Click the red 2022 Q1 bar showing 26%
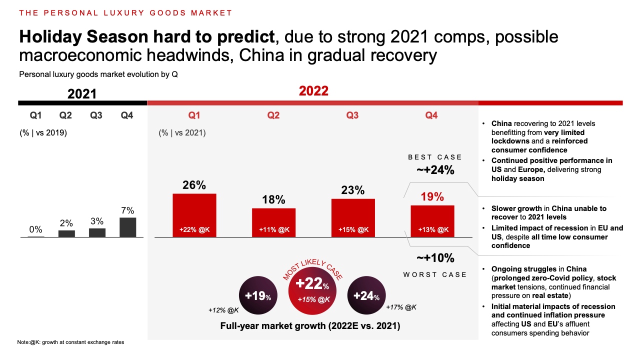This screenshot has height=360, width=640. click(194, 214)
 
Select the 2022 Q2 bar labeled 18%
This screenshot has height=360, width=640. click(273, 222)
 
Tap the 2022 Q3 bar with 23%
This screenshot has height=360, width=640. click(353, 217)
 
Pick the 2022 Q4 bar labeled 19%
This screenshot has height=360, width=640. click(432, 220)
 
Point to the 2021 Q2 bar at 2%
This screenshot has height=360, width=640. click(66, 233)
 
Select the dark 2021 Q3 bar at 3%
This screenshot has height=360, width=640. click(97, 232)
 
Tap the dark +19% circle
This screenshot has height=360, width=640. click(258, 296)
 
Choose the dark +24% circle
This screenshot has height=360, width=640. click(366, 296)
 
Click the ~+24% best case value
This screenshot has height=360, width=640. click(435, 170)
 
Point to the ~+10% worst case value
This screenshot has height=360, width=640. click(435, 258)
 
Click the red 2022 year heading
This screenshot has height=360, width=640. click(313, 91)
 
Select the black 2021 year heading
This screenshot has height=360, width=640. click(82, 94)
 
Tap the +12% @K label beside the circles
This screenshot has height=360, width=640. click(223, 310)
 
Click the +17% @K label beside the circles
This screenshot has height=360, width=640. click(401, 307)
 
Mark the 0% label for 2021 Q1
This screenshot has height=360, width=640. click(35, 229)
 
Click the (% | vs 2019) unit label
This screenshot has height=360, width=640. click(43, 133)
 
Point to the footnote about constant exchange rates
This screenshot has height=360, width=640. click(70, 342)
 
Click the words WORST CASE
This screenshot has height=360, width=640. click(435, 274)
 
